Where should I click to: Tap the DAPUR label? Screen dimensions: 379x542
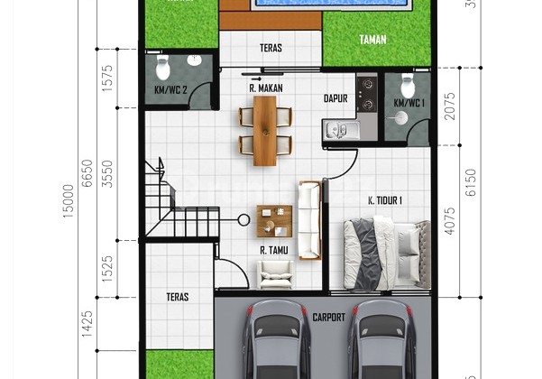(335, 99)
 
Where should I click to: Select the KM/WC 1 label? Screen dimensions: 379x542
(409, 104)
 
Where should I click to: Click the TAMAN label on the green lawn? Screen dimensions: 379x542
(372, 40)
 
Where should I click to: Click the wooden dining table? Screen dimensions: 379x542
(265, 131)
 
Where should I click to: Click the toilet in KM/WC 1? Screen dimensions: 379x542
(407, 85)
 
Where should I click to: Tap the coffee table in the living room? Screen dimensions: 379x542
(273, 219)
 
